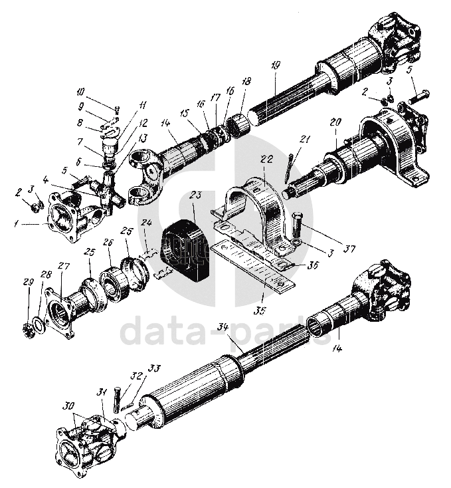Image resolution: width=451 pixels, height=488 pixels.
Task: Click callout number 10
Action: coord(80,92)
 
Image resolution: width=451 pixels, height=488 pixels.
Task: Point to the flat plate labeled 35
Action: coord(252,269)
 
